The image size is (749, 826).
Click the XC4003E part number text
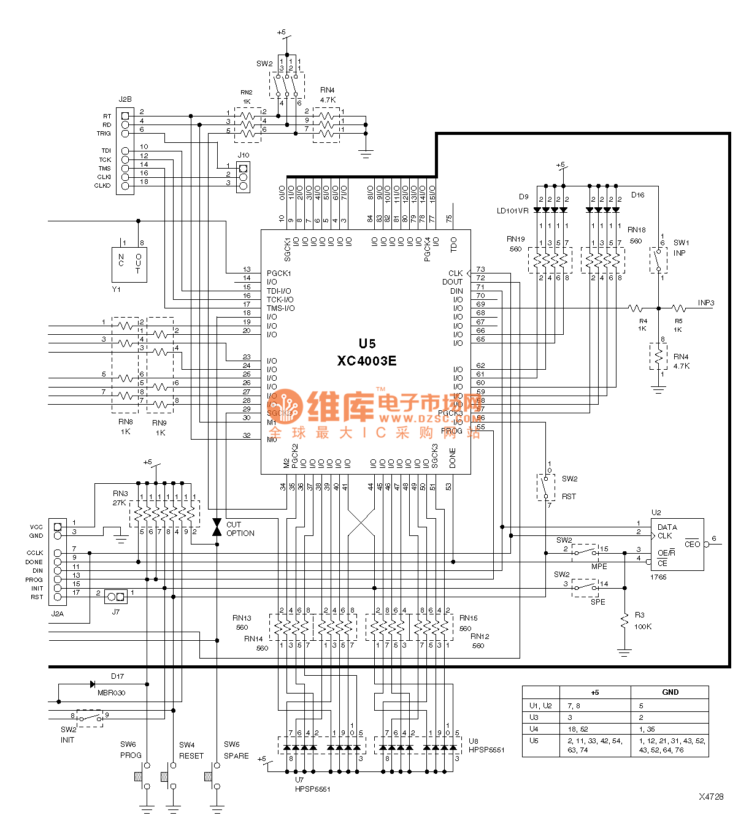pos(366,361)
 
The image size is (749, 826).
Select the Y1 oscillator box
pos(129,264)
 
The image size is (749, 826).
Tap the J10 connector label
pos(243,155)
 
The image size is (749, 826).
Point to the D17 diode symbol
pos(93,684)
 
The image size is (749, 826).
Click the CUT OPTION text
pos(240,529)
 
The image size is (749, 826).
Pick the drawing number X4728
pos(711,797)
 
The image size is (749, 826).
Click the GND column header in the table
pos(670,692)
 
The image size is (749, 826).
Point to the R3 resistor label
pos(639,614)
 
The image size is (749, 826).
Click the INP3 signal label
pos(705,303)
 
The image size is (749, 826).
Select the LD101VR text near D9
pos(512,211)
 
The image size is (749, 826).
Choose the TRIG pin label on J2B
pos(104,134)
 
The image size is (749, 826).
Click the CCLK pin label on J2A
pos(35,553)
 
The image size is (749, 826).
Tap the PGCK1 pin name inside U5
pos(278,273)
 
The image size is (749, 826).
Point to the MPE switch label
pos(599,566)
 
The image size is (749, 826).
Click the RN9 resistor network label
pos(159,423)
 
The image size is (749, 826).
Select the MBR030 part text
pos(112,693)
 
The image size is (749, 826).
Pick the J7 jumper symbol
pos(116,596)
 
